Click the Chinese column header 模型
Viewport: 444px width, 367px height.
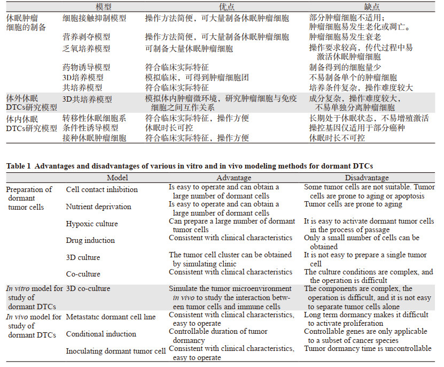click(x=104, y=6)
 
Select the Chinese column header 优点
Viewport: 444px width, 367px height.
click(x=227, y=6)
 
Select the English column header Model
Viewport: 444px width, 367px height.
click(x=118, y=178)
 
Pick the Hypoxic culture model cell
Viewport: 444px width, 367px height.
click(x=92, y=224)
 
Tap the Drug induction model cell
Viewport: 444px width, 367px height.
click(x=90, y=240)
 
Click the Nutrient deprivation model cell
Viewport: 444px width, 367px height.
click(x=98, y=207)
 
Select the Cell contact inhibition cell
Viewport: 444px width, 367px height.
click(x=102, y=189)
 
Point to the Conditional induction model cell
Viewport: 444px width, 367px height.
click(x=101, y=334)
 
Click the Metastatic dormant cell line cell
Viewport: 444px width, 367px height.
click(x=111, y=317)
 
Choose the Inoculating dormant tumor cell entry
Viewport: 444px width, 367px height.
click(x=115, y=351)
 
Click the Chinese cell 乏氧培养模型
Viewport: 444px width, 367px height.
click(x=86, y=49)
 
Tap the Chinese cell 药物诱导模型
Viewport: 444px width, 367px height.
click(x=86, y=67)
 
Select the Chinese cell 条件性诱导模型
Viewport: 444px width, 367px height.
click(x=90, y=128)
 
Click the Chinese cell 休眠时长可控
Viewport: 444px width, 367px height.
click(x=169, y=128)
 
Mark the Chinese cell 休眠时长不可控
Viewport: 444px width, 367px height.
click(x=337, y=137)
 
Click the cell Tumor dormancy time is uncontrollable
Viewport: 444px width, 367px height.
click(x=368, y=349)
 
